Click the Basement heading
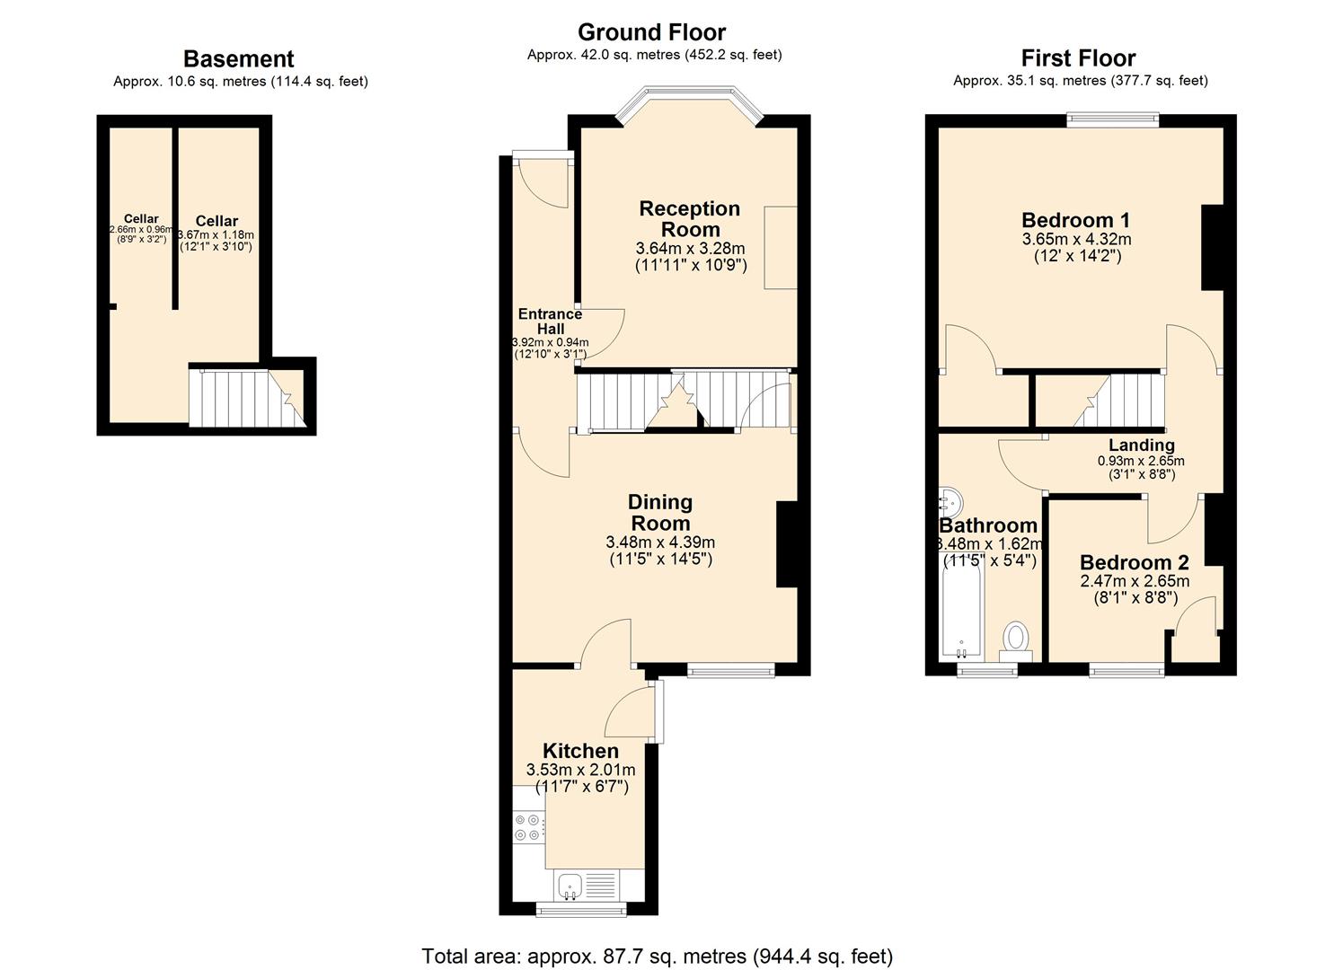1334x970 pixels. coord(238,59)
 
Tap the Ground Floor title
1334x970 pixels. coord(651,32)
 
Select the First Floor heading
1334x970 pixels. coord(1078,58)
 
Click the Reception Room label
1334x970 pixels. coord(689,218)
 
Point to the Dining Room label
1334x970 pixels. coord(659,512)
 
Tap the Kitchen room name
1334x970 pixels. coord(580,751)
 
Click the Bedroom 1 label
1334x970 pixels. coord(1075,220)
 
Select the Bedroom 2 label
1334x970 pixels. coord(1134,562)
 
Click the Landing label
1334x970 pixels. coord(1141,445)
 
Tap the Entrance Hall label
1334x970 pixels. coord(550,321)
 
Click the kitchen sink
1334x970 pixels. coord(570,886)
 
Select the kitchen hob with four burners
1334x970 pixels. coord(528,827)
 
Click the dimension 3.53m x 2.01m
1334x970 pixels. coord(580,770)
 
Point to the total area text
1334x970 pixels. coord(657,956)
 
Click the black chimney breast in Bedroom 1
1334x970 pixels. coord(1212,248)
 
